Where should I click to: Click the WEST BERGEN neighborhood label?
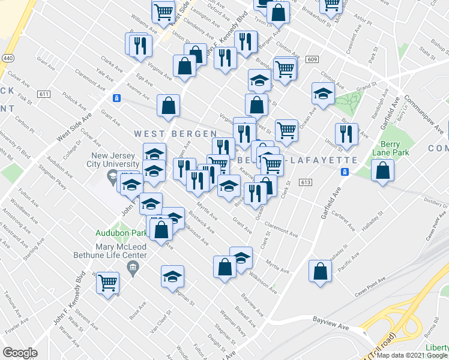(x=175, y=133)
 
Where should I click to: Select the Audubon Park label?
(x=121, y=233)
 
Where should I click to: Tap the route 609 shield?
(x=311, y=59)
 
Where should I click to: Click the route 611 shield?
(x=44, y=94)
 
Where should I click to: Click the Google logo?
(x=20, y=353)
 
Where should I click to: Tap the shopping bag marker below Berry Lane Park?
(x=382, y=172)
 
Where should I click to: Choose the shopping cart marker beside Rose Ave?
(x=107, y=282)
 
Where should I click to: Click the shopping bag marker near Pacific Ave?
(x=321, y=271)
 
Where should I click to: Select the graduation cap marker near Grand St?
(x=323, y=94)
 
